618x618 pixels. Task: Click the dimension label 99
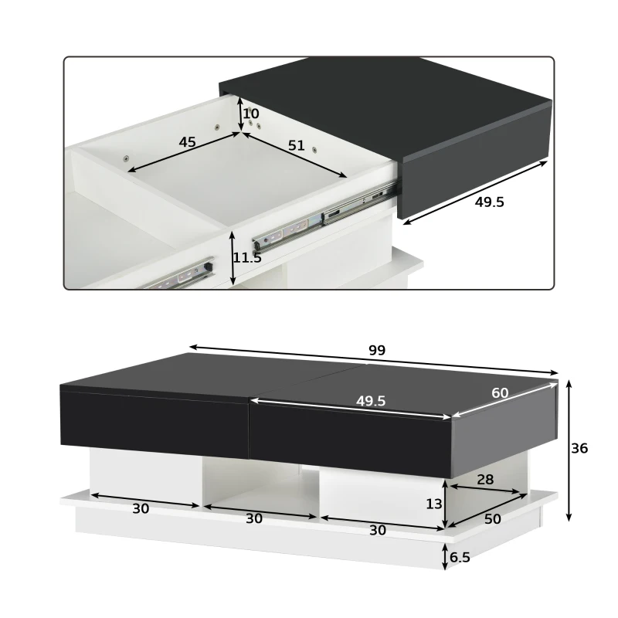(x=376, y=350)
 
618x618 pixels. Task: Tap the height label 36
(x=579, y=448)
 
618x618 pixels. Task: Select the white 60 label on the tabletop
(x=500, y=392)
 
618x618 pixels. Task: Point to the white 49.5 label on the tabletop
(x=371, y=401)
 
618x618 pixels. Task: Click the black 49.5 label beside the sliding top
(x=488, y=202)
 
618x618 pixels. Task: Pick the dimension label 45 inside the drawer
(x=187, y=142)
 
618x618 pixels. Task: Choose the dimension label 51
(x=295, y=145)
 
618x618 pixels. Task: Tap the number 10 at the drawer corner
(x=251, y=114)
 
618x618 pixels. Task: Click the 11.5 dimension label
(x=248, y=258)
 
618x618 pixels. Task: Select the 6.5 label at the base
(x=460, y=555)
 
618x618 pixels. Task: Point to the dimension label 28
(x=485, y=480)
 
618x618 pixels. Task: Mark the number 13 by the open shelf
(x=434, y=504)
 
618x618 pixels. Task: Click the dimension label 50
(x=492, y=519)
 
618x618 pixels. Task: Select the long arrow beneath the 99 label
(x=374, y=360)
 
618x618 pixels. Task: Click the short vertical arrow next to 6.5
(x=446, y=555)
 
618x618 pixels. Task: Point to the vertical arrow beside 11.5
(x=233, y=258)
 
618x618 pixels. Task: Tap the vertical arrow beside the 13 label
(x=446, y=504)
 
